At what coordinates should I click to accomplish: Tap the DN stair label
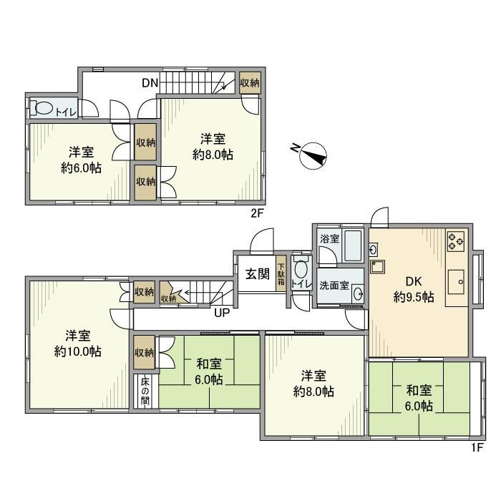(x=149, y=83)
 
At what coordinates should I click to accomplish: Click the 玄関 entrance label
(x=257, y=273)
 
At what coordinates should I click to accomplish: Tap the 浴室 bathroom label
(x=329, y=239)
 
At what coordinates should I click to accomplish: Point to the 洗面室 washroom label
(x=334, y=286)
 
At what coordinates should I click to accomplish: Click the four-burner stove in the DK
(x=456, y=242)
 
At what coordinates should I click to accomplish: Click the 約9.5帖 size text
(x=414, y=297)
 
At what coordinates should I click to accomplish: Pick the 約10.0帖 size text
(x=77, y=351)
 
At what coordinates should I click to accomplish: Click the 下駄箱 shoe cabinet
(x=281, y=272)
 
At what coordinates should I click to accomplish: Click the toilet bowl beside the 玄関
(x=301, y=271)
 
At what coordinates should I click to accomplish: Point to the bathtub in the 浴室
(x=353, y=246)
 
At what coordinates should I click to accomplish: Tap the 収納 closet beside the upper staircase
(x=250, y=82)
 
